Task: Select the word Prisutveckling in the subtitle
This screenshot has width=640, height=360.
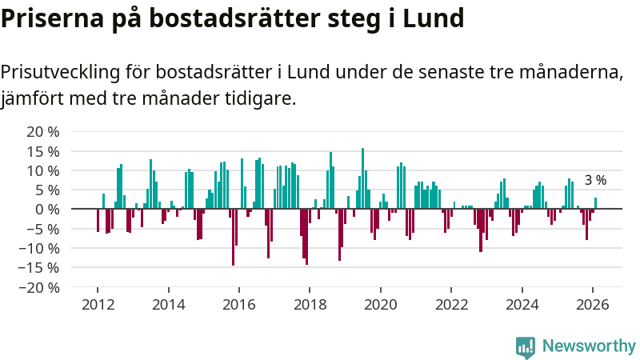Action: pyautogui.click(x=59, y=73)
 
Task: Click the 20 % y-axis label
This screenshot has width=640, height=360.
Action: pyautogui.click(x=43, y=132)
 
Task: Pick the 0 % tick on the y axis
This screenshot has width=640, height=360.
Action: pyautogui.click(x=48, y=210)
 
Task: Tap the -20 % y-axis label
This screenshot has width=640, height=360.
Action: pyautogui.click(x=40, y=287)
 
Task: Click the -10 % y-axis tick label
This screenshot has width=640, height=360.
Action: pyautogui.click(x=40, y=248)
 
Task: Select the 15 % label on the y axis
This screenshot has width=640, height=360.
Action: pyautogui.click(x=43, y=151)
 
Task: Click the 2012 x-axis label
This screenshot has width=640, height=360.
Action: pyautogui.click(x=98, y=305)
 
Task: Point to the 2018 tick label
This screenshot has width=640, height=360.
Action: pyautogui.click(x=310, y=305)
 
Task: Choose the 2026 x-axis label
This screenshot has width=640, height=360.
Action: pyautogui.click(x=592, y=305)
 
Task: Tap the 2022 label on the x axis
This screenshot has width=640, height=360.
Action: pyautogui.click(x=450, y=305)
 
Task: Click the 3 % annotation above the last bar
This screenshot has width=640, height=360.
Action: pyautogui.click(x=595, y=181)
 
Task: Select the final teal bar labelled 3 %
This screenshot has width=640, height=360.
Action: pyautogui.click(x=595, y=203)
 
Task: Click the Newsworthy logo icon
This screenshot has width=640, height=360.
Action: pyautogui.click(x=526, y=346)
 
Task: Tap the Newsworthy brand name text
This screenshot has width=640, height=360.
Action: pyautogui.click(x=589, y=346)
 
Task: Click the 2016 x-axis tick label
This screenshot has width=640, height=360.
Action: pyautogui.click(x=238, y=305)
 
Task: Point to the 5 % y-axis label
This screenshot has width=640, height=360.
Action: pyautogui.click(x=47, y=190)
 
